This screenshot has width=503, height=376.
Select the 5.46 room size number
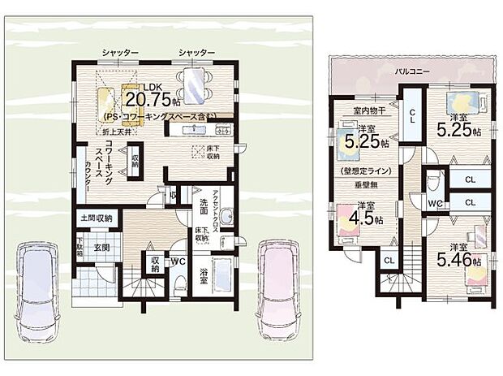pos(454,261)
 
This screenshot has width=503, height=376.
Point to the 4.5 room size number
pos(364,217)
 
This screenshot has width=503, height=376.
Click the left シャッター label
pos(120,53)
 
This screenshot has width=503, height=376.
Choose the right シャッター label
pos(196,53)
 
